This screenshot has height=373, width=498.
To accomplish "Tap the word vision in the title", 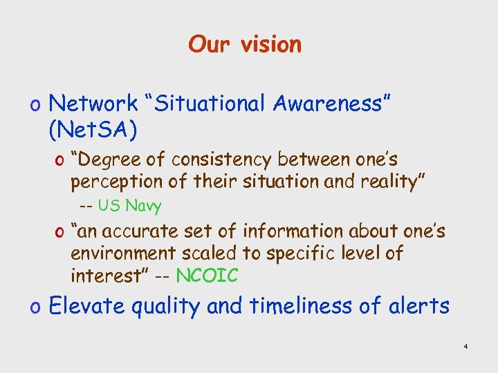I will point(271,45).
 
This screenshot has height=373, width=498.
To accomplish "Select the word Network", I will point(94,104).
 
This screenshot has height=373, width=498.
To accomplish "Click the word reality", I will point(396,182).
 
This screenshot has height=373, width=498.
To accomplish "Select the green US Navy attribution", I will point(129,206).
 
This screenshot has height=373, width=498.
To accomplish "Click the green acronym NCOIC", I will point(207,276).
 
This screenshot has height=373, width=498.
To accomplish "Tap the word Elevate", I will point(85,305).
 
